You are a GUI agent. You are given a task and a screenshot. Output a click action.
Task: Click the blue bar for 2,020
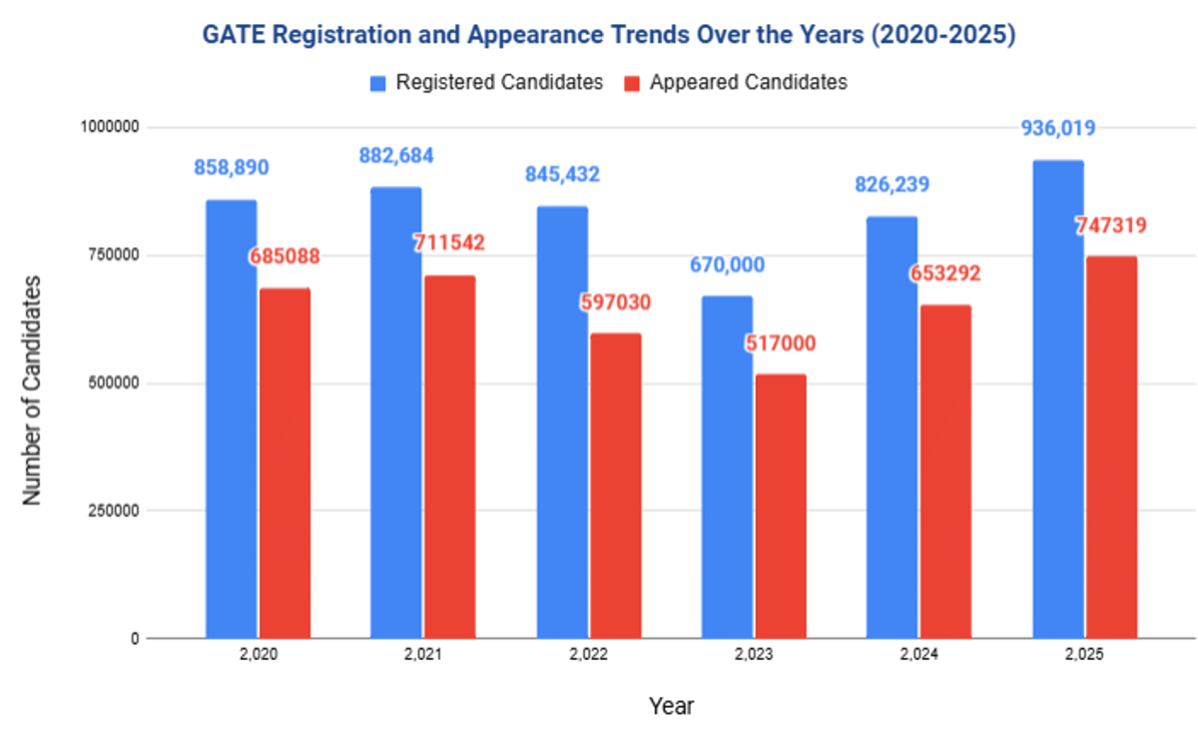click(x=232, y=418)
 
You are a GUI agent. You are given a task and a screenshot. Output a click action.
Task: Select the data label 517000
click(x=781, y=344)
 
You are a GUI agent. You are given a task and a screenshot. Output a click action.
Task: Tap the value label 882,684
click(x=396, y=156)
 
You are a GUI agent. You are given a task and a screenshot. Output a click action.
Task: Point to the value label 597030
click(x=615, y=303)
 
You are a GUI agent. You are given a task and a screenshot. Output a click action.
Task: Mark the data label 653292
click(x=945, y=274)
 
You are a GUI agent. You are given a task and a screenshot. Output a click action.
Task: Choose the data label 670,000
click(x=727, y=266)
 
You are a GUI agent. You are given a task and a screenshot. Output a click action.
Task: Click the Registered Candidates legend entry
click(x=486, y=82)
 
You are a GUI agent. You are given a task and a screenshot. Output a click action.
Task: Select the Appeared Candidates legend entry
click(x=737, y=82)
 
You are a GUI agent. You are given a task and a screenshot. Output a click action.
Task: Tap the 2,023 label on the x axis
click(x=754, y=657)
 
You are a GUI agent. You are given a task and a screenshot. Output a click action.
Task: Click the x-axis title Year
click(x=671, y=706)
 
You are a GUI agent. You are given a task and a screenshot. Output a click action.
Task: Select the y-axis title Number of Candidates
click(x=32, y=388)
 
